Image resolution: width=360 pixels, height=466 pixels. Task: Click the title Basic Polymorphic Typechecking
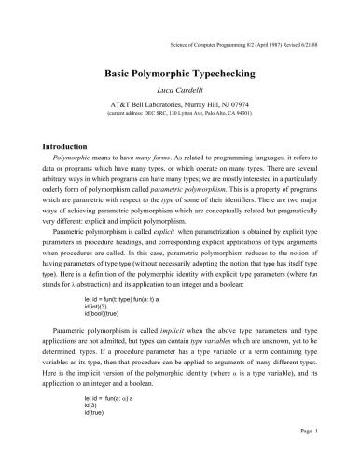(180, 71)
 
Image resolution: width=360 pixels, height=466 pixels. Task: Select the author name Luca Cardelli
(180, 89)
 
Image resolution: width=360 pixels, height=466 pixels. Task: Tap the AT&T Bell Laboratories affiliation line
(180, 101)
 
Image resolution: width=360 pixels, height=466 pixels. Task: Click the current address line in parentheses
(180, 110)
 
